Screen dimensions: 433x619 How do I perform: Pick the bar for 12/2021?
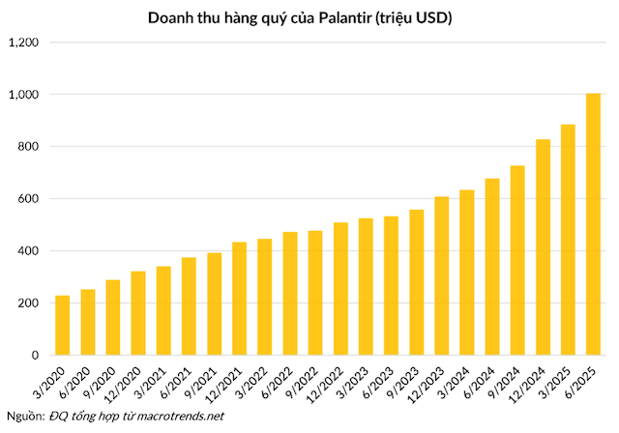[x=239, y=299]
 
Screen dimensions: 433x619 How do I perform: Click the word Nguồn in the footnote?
[x=23, y=416]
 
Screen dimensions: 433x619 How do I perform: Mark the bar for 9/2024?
[x=517, y=261]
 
